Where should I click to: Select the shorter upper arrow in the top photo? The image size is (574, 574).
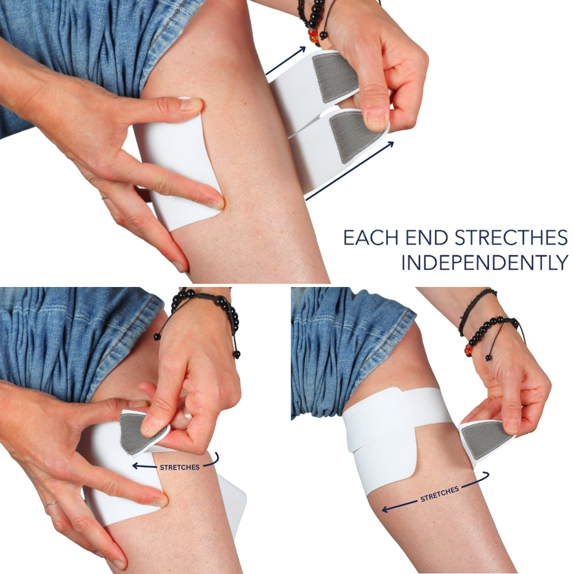point(285,61)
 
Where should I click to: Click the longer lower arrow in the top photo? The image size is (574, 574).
point(350,171)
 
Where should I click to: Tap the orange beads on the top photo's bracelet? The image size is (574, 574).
point(315,36)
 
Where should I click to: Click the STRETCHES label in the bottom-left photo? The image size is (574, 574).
point(179,467)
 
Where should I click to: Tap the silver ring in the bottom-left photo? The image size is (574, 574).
point(51,505)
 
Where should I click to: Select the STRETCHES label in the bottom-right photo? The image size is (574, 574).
point(439,494)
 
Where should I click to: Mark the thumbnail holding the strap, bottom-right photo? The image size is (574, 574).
point(511,425)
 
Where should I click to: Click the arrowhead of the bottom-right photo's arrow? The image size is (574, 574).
point(385,509)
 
